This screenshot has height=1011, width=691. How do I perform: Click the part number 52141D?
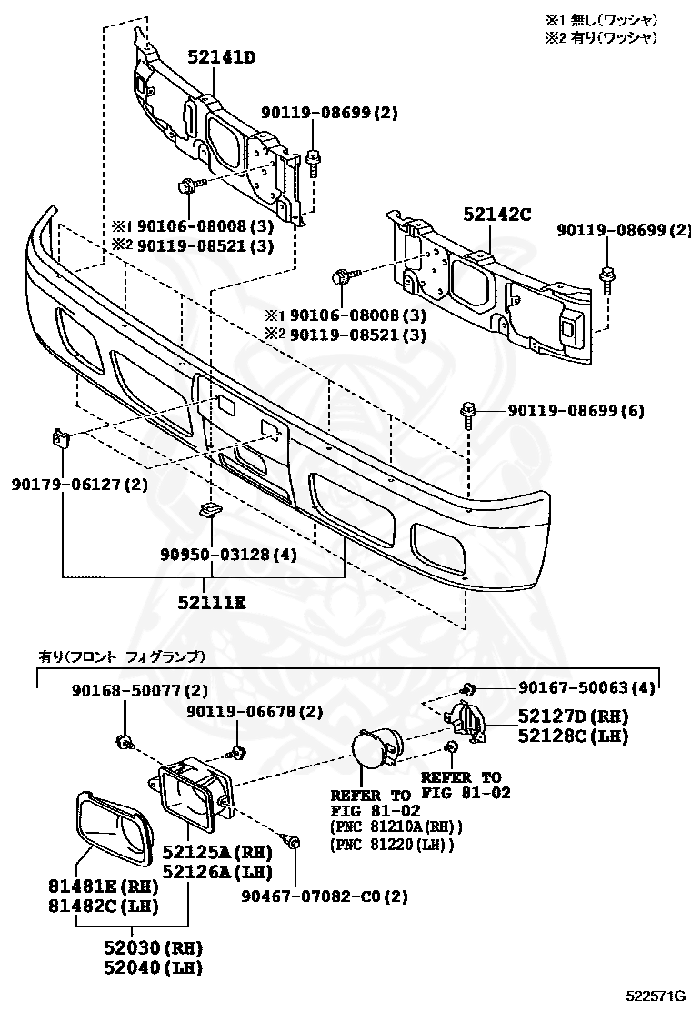pos(221,58)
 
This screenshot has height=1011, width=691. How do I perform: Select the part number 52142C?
pos(496,215)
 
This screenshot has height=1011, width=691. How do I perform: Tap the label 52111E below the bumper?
pos(212,602)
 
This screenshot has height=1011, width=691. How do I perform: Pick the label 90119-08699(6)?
pos(576,411)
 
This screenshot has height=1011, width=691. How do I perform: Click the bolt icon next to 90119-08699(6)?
pos(469,414)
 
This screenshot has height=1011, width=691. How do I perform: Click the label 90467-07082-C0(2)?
pos(324,896)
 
